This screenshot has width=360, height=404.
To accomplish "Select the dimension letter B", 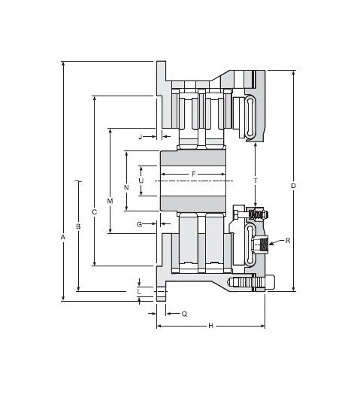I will point(78,226).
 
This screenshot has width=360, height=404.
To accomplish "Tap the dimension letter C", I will point(94,212).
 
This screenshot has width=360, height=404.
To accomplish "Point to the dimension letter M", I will point(110,202).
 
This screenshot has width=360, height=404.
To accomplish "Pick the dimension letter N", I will point(126,187).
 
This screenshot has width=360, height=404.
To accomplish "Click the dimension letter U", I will point(141,181).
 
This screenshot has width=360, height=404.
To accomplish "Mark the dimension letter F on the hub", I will point(193,175).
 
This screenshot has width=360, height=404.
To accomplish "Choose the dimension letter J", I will point(140,137).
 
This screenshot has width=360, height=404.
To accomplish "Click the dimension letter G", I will point(139,224).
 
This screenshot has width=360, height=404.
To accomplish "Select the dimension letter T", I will point(256,181).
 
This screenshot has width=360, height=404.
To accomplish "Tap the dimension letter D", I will point(293,186).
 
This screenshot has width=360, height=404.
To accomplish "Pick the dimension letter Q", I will point(184,314).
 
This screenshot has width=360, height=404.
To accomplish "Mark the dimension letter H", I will point(210,326).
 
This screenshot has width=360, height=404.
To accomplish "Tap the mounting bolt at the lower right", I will point(252,283).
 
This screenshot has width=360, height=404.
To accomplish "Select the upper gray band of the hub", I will point(193,159).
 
